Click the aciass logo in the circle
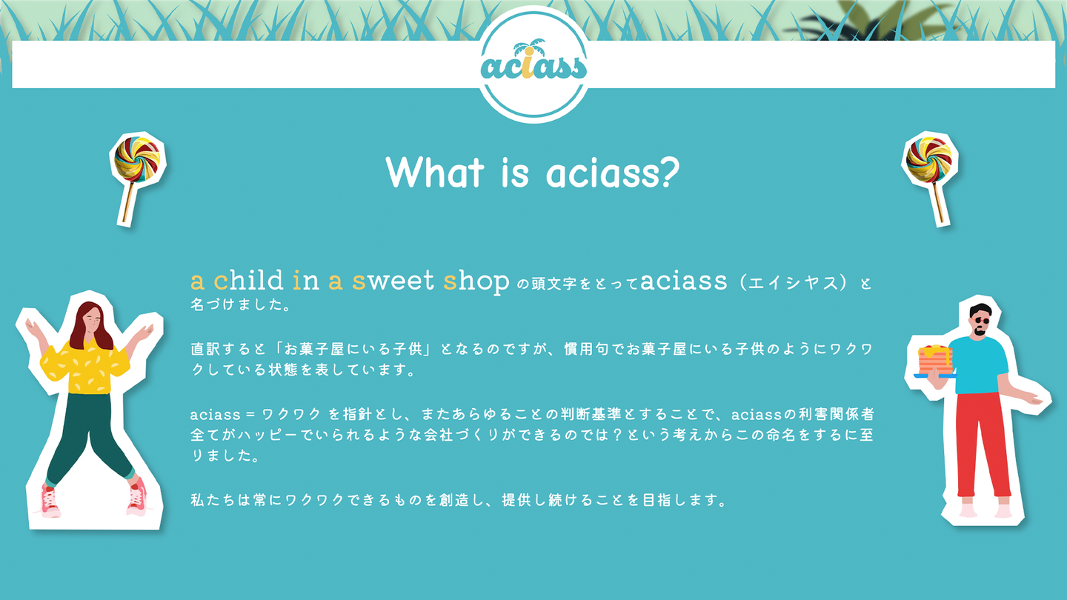click(x=533, y=64)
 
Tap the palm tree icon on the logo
click(x=530, y=49)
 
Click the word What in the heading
click(x=435, y=172)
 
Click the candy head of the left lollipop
click(x=136, y=159)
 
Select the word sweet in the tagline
click(x=393, y=281)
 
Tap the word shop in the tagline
click(x=476, y=282)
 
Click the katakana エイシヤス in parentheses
click(x=793, y=283)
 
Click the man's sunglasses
click(x=982, y=321)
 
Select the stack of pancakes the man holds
click(x=936, y=360)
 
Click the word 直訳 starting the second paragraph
click(x=206, y=349)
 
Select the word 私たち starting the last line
click(x=213, y=500)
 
